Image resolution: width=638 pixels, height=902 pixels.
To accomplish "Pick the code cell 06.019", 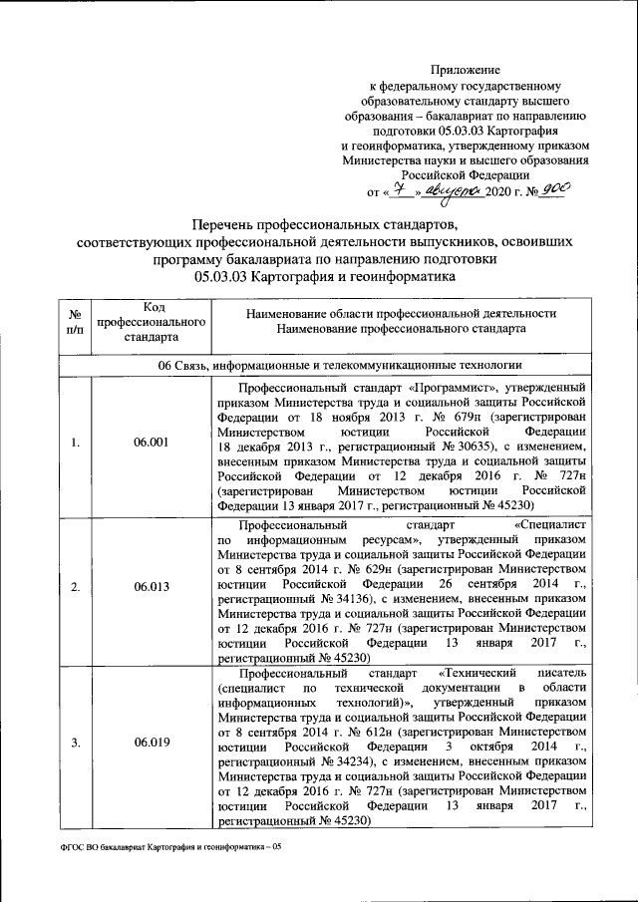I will [151, 743].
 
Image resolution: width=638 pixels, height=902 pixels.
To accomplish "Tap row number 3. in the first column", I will [76, 743].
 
